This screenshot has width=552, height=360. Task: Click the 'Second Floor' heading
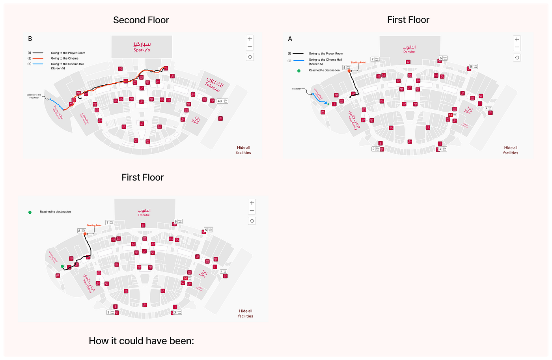141,20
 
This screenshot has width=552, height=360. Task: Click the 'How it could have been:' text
141,341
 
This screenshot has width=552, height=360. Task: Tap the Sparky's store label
142,47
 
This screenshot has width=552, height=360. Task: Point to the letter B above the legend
30,39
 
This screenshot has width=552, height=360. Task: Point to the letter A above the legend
290,39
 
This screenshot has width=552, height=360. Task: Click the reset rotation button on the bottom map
252,221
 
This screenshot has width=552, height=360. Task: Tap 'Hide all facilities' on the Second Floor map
243,150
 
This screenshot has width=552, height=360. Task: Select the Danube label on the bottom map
144,212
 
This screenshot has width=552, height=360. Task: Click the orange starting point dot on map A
349,71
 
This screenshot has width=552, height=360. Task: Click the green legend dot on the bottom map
30,212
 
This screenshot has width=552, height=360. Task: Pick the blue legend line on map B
38,64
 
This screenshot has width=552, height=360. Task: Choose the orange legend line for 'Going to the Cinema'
38,58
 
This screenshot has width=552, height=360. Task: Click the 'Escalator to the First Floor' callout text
34,96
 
